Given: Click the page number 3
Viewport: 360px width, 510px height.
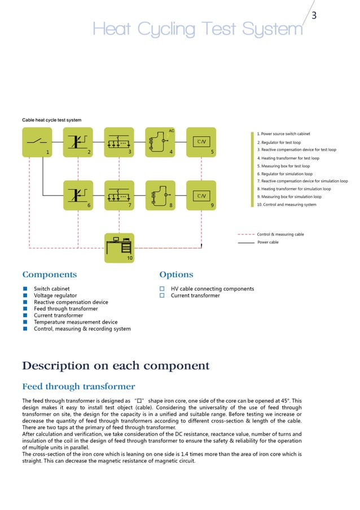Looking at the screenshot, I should [314, 16].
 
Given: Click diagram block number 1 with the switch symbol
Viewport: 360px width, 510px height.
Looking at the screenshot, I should [37, 142].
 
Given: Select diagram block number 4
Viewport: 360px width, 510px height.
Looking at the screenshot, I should [160, 142].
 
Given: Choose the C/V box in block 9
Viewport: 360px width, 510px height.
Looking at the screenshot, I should [201, 195].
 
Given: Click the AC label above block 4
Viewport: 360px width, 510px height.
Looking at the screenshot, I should [172, 131].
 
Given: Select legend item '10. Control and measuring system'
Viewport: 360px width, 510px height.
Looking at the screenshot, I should [286, 204].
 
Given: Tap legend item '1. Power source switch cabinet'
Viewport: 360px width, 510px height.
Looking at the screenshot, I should [285, 134].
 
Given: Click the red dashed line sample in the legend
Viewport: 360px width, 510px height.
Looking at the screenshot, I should [246, 234].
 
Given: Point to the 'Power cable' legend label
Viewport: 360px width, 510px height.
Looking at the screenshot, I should [267, 242].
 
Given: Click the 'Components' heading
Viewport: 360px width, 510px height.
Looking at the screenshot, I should [49, 275].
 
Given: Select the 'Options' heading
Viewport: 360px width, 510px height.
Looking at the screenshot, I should [176, 275].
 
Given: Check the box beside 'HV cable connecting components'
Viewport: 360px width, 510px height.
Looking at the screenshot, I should [163, 289].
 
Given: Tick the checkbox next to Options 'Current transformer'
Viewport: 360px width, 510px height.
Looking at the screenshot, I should [163, 295].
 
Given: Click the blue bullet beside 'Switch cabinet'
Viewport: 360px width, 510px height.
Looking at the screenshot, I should [25, 289].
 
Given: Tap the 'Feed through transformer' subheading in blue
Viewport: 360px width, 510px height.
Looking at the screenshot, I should [78, 387].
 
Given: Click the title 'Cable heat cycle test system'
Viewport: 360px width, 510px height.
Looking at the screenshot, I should [51, 120].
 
